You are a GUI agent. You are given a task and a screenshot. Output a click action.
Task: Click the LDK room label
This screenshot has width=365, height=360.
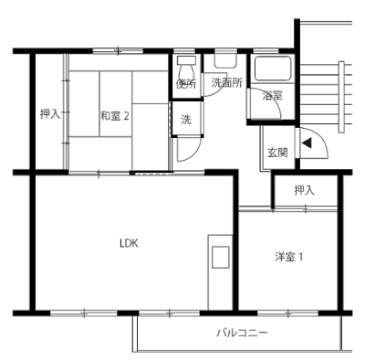pos(129,243)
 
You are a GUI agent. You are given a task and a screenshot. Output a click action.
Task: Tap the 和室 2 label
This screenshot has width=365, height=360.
pos(115,116)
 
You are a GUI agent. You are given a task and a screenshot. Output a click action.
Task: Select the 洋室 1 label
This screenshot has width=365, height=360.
pos(288,258)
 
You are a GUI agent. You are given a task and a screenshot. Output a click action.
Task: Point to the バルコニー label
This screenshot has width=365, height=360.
pos(242,333)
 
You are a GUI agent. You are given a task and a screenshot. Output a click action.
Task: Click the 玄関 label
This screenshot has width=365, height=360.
pos(277,153)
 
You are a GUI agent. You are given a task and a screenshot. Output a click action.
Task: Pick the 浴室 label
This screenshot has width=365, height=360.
pos(272,96)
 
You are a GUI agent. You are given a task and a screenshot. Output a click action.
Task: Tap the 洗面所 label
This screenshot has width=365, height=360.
pos(227,83)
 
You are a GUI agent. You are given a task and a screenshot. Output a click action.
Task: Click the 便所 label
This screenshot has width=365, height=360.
pos(186,83)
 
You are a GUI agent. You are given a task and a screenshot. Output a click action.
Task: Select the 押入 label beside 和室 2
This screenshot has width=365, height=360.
pos(50,114)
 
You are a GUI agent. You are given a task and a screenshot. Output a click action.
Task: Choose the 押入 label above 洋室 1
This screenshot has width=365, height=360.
pos(304,191)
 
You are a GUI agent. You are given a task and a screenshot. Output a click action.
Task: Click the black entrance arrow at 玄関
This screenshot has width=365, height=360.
pos(307,143)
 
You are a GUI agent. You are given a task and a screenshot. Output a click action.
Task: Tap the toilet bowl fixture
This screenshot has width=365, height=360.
pos(186,69)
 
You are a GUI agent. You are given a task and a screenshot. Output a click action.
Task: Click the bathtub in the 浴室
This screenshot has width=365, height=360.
pos(273,69)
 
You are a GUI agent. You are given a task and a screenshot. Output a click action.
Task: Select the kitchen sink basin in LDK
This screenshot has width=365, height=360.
pos(220,257)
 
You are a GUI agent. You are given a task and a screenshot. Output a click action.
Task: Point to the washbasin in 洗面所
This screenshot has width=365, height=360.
pos(225,61)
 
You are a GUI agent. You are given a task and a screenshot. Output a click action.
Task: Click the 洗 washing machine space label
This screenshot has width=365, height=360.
pos(186,120)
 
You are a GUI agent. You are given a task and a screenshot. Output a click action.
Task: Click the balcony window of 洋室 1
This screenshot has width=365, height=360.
pos(288,312)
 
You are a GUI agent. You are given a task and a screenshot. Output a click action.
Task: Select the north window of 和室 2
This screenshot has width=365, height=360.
pos(118,51)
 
